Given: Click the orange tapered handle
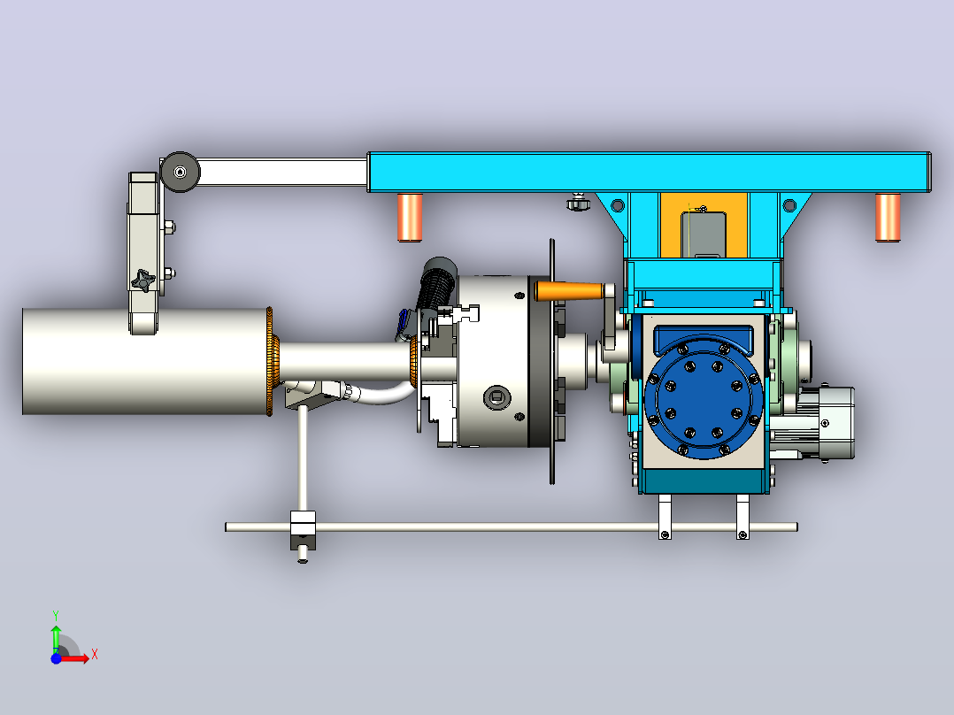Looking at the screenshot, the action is pyautogui.click(x=569, y=291).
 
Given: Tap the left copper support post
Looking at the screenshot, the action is pyautogui.click(x=410, y=217).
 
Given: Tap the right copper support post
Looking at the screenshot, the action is pyautogui.click(x=888, y=217).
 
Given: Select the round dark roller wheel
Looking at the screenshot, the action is pyautogui.click(x=181, y=173).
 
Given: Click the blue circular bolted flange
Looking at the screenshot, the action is pyautogui.click(x=704, y=397).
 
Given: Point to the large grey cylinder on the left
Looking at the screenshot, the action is pyautogui.click(x=146, y=361).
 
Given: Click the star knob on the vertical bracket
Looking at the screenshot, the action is pyautogui.click(x=143, y=281).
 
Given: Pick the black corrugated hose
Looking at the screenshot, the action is pyautogui.click(x=436, y=287).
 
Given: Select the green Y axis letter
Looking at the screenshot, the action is pyautogui.click(x=56, y=615).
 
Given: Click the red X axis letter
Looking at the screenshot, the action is pyautogui.click(x=95, y=656).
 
